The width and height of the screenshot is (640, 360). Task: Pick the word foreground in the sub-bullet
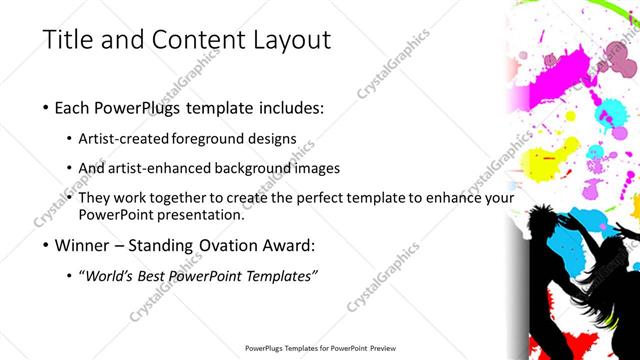click(x=212, y=137)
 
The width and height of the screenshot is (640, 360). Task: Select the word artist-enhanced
click(x=169, y=168)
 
